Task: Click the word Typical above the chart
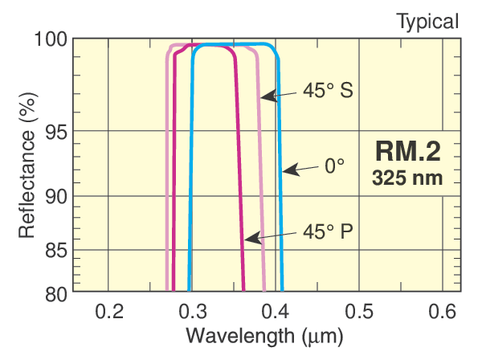click(x=427, y=21)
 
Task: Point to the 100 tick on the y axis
click(x=51, y=39)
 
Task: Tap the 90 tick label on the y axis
click(x=54, y=197)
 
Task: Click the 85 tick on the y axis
click(x=54, y=251)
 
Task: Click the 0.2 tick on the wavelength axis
click(x=108, y=311)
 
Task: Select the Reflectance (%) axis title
click(x=27, y=164)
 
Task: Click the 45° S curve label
click(x=329, y=92)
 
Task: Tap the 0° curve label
click(x=334, y=167)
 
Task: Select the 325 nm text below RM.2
click(x=407, y=177)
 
